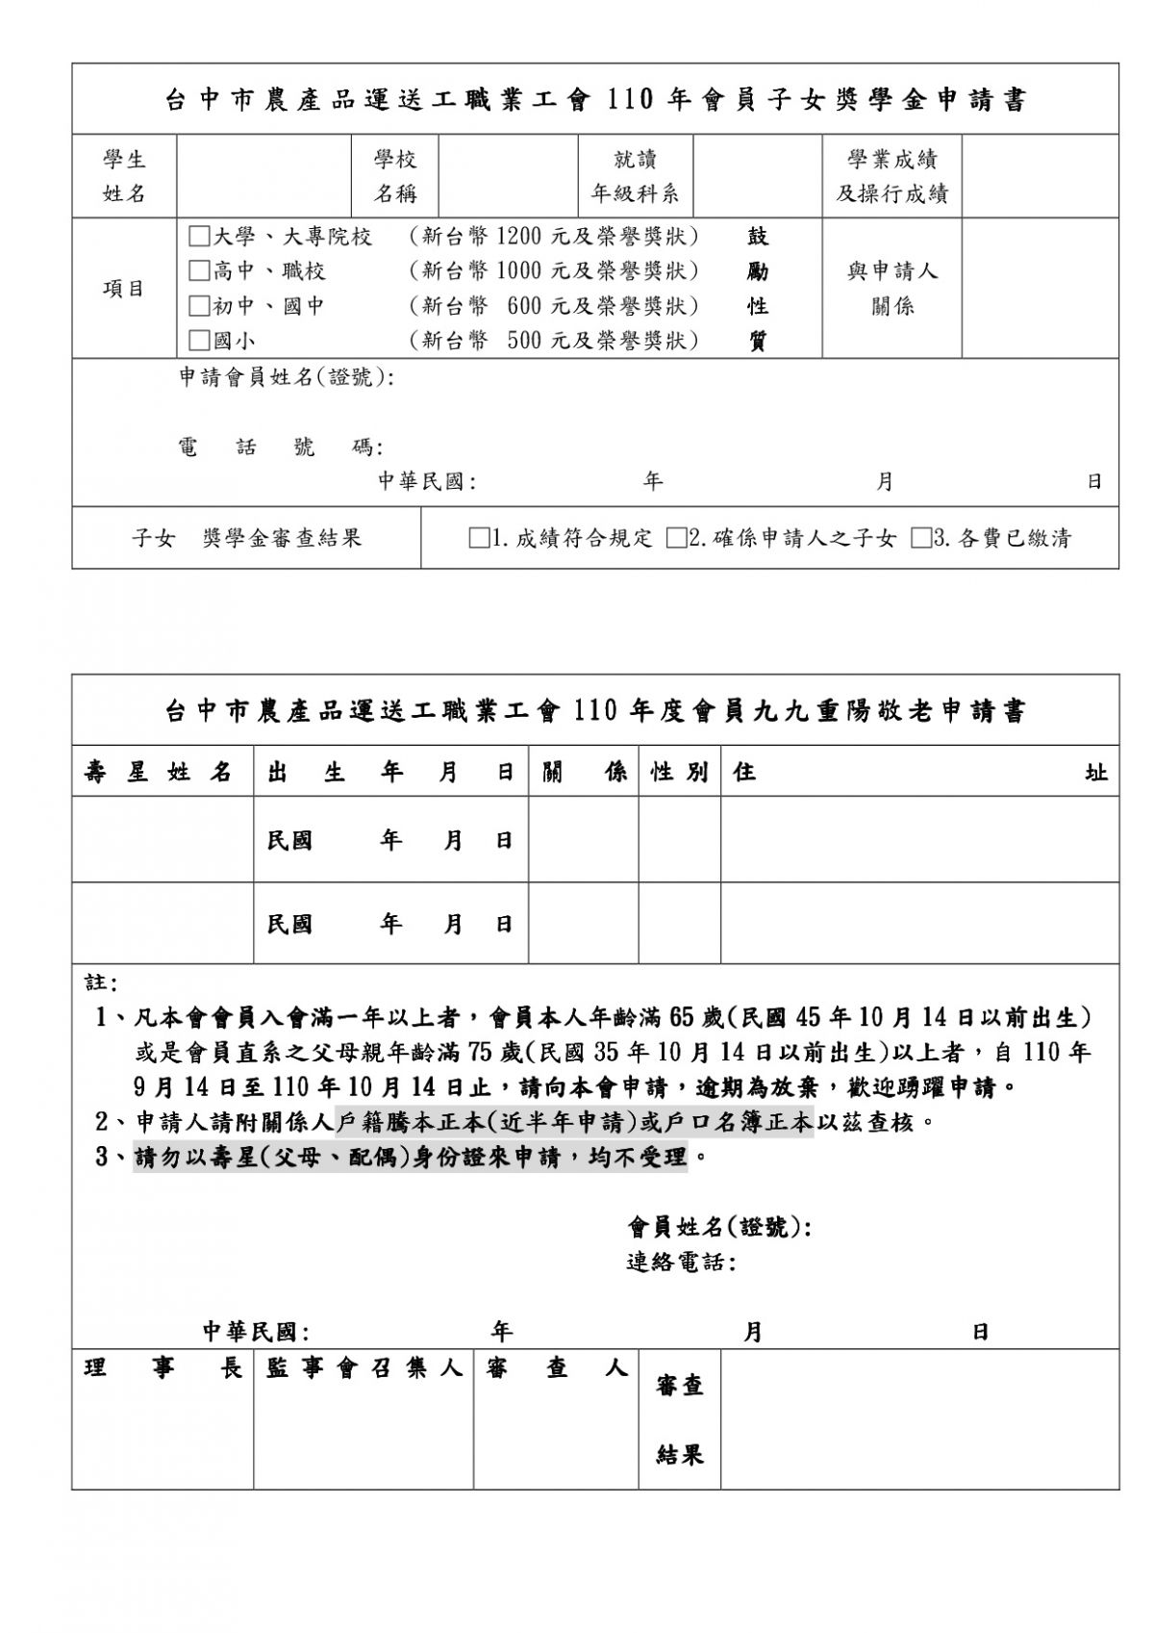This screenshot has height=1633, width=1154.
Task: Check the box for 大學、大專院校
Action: click(x=199, y=237)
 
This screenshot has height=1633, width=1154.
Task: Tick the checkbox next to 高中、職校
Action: click(x=199, y=271)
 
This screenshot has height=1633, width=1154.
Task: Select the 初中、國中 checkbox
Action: click(x=199, y=306)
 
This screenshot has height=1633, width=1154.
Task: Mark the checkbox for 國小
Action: click(x=199, y=341)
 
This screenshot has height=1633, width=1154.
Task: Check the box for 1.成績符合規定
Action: click(x=478, y=538)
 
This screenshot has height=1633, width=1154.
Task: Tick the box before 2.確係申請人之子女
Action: click(x=676, y=538)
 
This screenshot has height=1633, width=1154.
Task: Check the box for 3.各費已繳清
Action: click(x=920, y=538)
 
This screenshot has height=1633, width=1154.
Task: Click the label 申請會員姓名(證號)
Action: click(x=286, y=377)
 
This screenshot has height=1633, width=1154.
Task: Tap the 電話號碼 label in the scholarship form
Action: click(x=280, y=447)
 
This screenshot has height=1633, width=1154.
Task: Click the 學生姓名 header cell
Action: click(x=124, y=176)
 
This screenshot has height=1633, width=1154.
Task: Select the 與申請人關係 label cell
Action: click(x=891, y=289)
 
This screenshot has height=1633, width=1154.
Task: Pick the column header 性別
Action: click(x=679, y=772)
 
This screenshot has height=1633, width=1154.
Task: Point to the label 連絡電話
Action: click(x=679, y=1262)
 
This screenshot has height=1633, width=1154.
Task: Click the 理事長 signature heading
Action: click(x=163, y=1368)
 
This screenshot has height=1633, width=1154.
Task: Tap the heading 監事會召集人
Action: click(x=364, y=1368)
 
